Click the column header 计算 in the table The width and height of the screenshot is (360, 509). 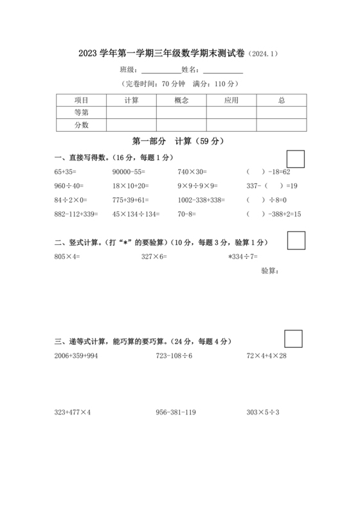click(x=132, y=100)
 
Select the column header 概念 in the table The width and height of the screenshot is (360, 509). click(x=181, y=100)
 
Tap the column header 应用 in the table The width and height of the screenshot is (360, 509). click(x=231, y=100)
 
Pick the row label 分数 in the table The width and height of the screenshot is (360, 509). click(x=82, y=125)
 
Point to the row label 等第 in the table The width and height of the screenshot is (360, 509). click(x=82, y=112)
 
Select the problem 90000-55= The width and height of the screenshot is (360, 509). click(x=129, y=172)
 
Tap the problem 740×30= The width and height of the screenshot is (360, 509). click(x=192, y=172)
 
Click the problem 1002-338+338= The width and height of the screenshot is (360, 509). click(x=201, y=200)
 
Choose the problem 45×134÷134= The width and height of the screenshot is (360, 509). click(x=135, y=214)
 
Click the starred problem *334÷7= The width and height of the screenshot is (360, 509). click(x=243, y=256)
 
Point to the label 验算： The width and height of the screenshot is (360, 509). click(x=270, y=271)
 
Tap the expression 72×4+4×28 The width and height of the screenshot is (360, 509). click(x=267, y=355)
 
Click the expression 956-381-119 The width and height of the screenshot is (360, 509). click(x=175, y=412)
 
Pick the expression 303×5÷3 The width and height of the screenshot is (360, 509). click(x=263, y=412)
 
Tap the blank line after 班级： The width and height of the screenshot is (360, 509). click(x=159, y=70)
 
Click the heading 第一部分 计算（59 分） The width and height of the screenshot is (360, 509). click(x=177, y=141)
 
